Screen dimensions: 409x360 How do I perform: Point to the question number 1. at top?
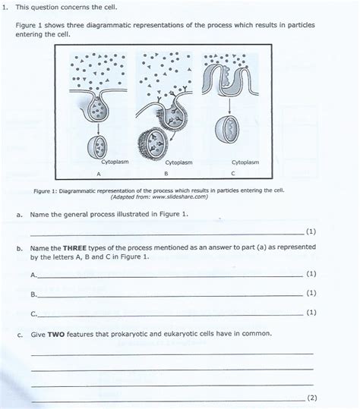pos(5,7)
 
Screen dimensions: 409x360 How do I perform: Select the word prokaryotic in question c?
pos(125,333)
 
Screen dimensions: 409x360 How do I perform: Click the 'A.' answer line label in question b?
pos(33,274)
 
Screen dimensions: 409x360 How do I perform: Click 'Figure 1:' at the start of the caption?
pos(46,190)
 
